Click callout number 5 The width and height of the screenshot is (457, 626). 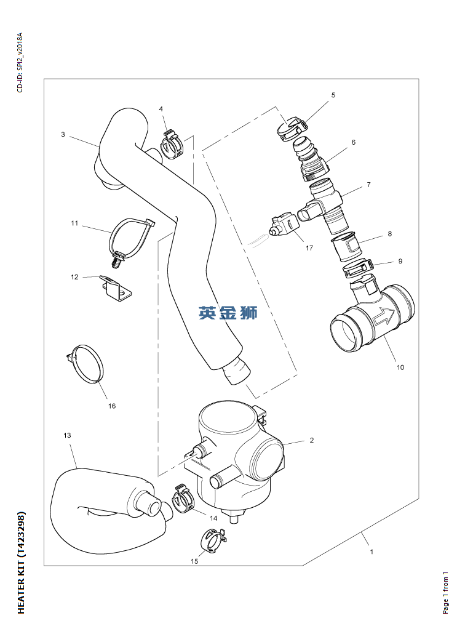(333, 95)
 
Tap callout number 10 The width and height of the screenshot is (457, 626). (400, 367)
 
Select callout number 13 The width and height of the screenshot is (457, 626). (67, 435)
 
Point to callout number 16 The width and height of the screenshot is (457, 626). (112, 406)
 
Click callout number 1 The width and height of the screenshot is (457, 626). (372, 552)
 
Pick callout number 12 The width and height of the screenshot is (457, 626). (74, 277)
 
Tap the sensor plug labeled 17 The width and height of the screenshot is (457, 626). (282, 225)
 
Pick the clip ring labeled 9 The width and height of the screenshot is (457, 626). (357, 268)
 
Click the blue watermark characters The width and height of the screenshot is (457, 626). (228, 313)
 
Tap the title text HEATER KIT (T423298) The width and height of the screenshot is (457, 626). (21, 562)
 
